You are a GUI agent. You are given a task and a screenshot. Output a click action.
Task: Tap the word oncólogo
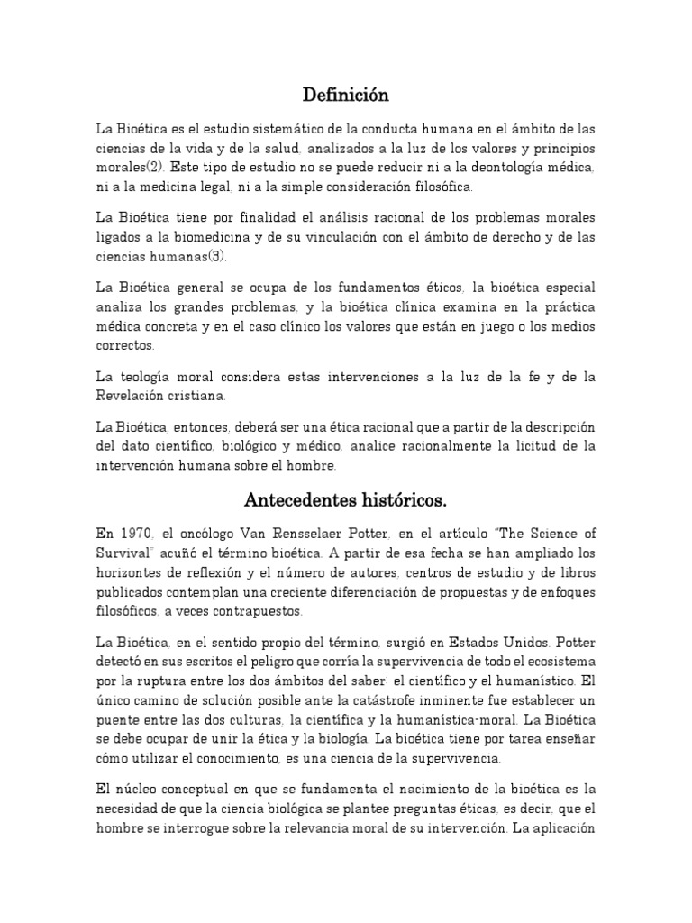click(198, 532)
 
